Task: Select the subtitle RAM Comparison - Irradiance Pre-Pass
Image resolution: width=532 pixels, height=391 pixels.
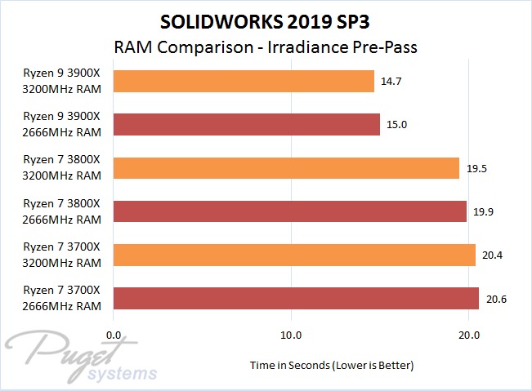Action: point(265,47)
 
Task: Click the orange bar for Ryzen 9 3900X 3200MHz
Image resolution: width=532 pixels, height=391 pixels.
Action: point(244,81)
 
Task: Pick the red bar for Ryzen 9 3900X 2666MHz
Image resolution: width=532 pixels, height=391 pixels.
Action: point(247,124)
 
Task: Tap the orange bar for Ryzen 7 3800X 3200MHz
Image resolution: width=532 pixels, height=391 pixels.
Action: point(286,168)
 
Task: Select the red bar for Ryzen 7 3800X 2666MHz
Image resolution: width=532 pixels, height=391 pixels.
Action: point(290,211)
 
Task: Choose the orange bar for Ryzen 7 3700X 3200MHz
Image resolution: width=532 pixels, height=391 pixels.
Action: point(294,255)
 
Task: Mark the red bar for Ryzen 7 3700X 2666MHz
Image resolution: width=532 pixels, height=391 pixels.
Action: point(296,299)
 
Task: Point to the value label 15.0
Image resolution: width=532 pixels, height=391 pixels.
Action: point(397,124)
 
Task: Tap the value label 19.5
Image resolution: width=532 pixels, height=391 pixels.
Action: point(476,168)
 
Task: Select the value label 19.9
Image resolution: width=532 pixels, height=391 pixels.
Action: point(484,211)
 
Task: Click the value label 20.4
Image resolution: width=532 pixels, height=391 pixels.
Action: point(493,255)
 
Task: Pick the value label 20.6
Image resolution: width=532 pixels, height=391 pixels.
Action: point(496,299)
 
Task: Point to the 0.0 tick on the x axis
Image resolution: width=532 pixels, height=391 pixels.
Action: point(114,335)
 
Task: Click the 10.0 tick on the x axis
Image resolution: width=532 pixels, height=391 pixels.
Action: point(291,335)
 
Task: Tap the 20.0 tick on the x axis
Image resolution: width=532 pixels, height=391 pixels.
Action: point(467,335)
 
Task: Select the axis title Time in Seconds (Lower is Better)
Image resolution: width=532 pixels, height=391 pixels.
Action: point(331,365)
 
